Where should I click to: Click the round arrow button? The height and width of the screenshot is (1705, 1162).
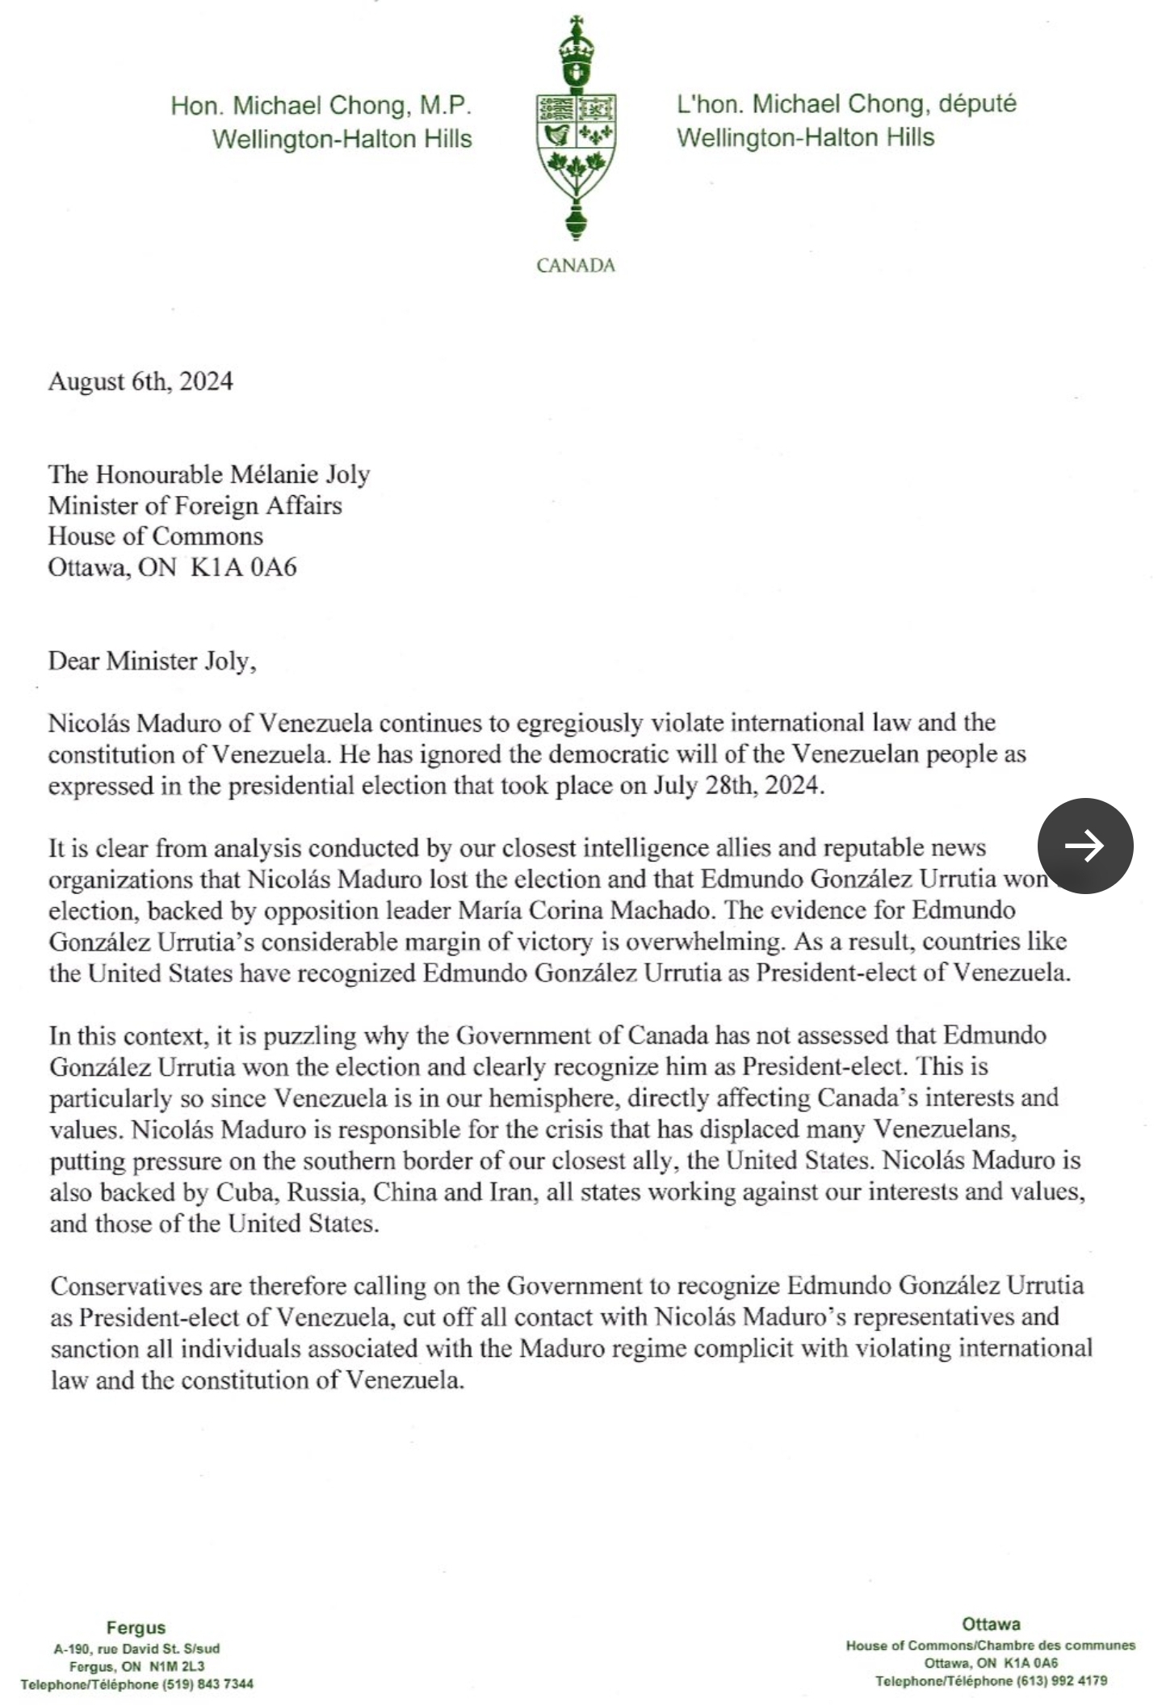tap(1084, 846)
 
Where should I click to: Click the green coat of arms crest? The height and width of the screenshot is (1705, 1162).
tap(575, 129)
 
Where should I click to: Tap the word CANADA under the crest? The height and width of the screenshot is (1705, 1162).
tap(575, 266)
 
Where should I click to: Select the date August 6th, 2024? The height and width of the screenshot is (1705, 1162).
tap(141, 381)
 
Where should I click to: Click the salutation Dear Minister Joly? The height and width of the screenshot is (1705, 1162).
tap(152, 661)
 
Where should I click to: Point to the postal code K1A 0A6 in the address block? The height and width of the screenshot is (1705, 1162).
tap(244, 567)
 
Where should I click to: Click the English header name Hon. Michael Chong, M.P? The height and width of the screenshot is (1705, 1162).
tap(321, 106)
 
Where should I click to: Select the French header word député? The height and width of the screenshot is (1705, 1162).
tap(977, 104)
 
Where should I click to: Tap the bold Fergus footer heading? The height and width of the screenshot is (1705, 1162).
tap(136, 1627)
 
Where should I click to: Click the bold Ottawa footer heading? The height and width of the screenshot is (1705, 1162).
tap(991, 1624)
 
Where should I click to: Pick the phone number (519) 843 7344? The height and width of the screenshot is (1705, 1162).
tap(208, 1684)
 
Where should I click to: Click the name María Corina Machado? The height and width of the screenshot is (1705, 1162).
tap(585, 910)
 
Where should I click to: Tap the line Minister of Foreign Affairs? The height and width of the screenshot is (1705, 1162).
tap(195, 506)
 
